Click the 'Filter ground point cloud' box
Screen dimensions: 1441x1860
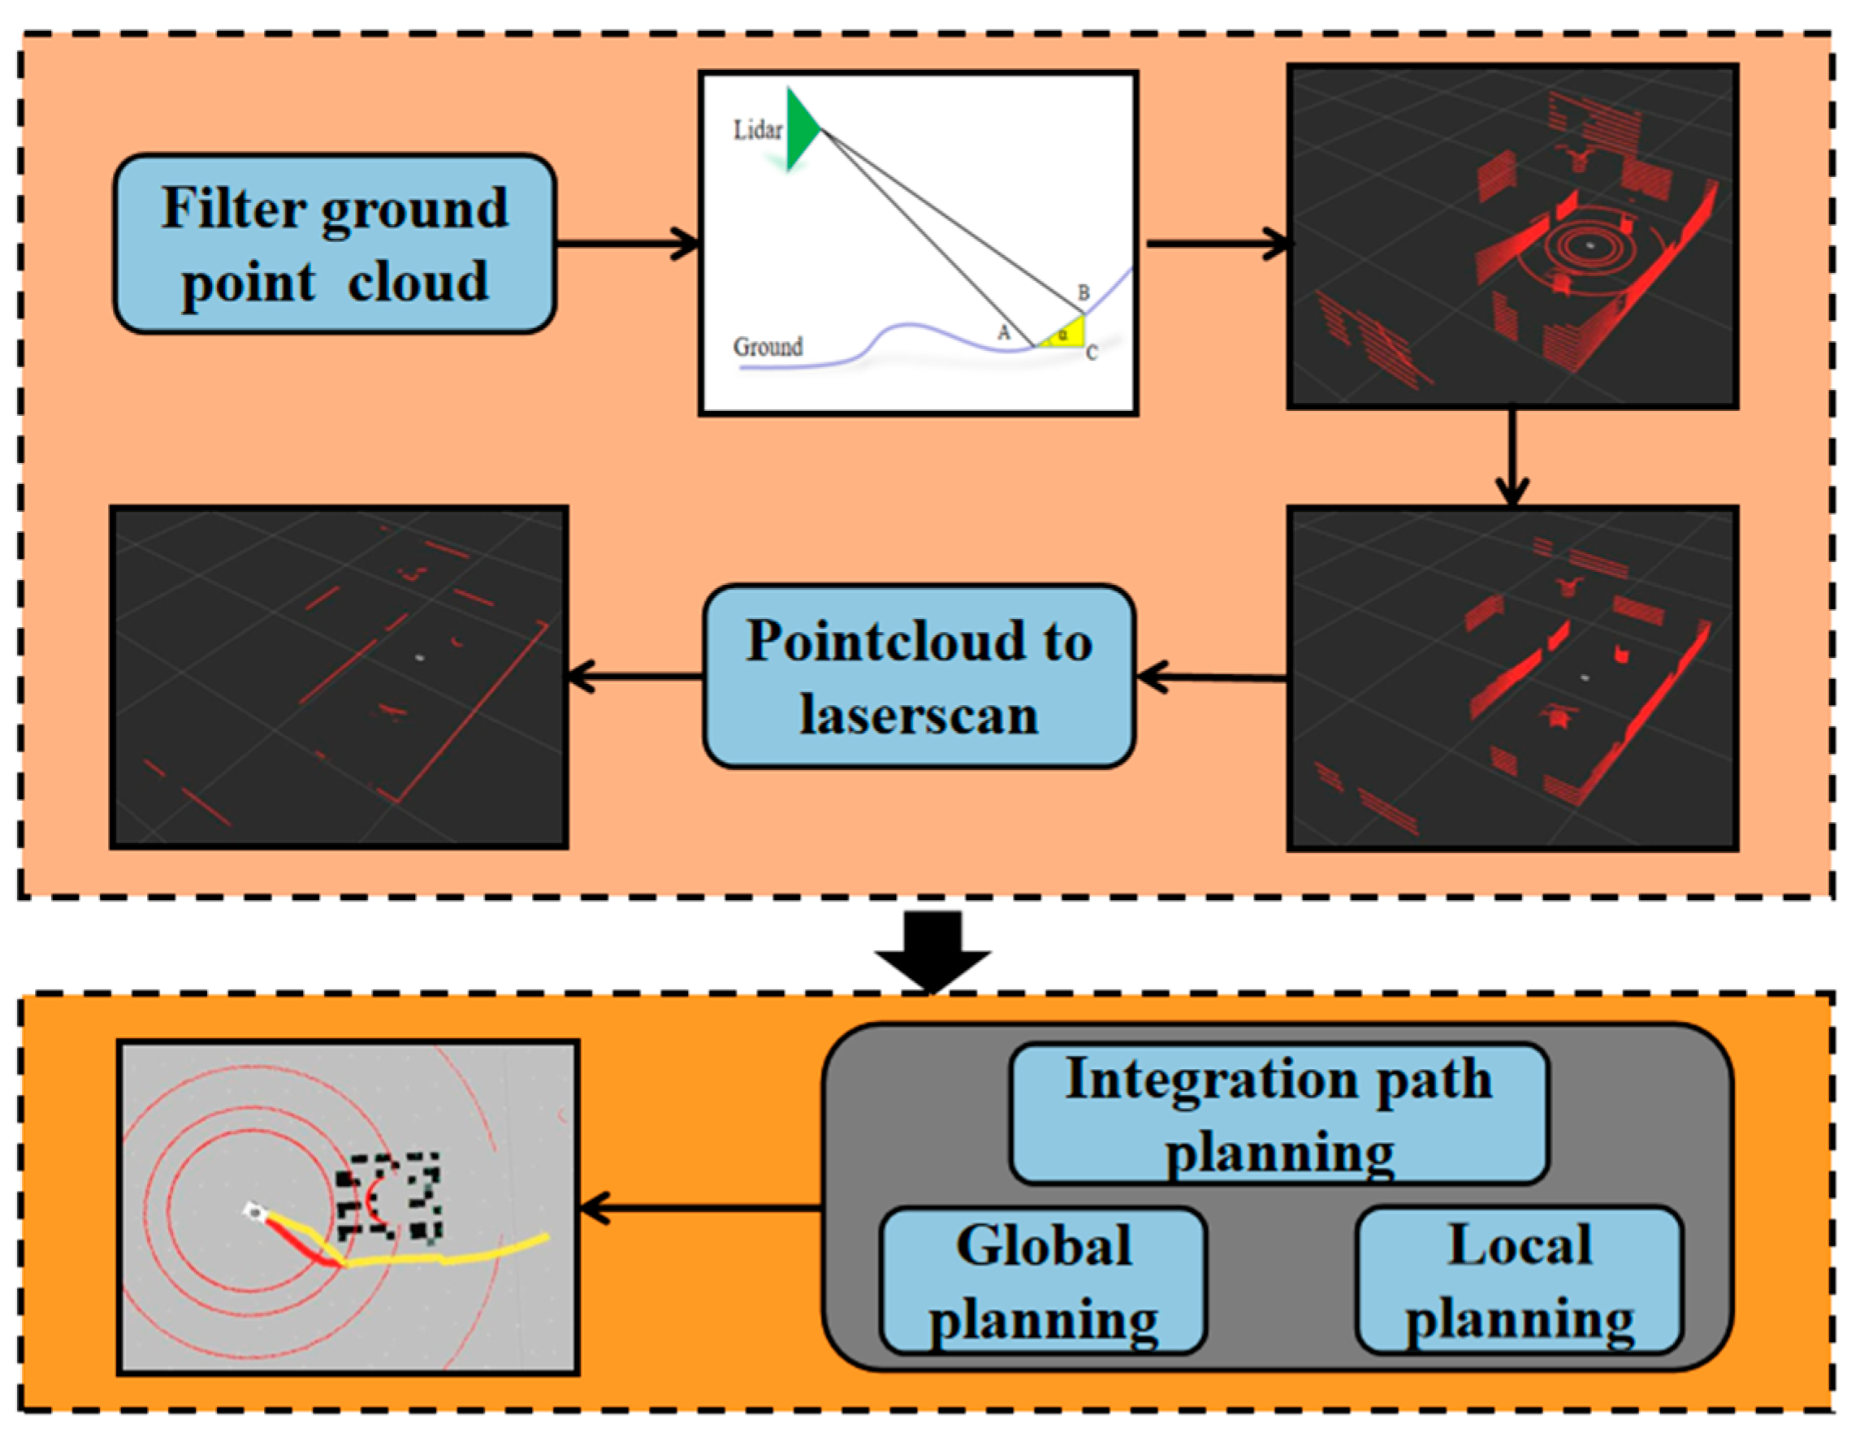[x=335, y=244]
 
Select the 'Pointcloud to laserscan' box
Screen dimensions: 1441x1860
[x=918, y=677]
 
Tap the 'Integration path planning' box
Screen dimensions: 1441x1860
[x=1278, y=1114]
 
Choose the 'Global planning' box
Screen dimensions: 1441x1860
[x=1043, y=1281]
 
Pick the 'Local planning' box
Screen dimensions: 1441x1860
[x=1519, y=1281]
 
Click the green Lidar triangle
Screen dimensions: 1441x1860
[x=799, y=129]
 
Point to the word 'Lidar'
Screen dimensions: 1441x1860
[x=757, y=130]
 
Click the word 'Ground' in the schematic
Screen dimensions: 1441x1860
[x=768, y=348]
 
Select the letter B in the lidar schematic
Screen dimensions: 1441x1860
[x=1084, y=292]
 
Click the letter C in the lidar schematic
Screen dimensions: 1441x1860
[x=1092, y=353]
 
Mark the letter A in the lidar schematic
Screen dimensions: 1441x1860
[x=1003, y=333]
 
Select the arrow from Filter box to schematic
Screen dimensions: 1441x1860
[x=628, y=244]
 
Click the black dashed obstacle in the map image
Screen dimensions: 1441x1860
[x=388, y=1197]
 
